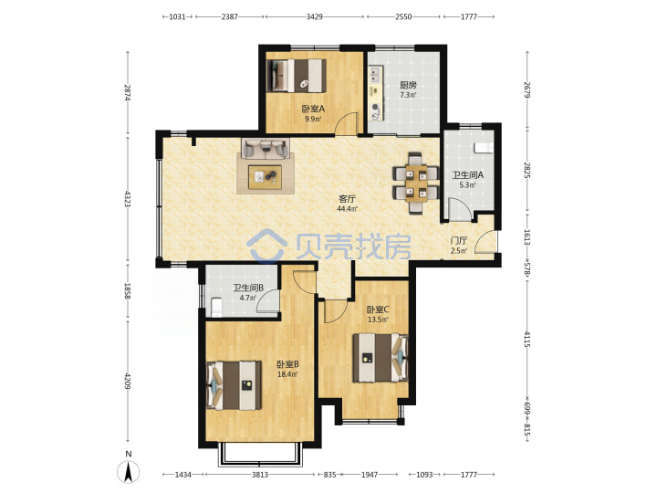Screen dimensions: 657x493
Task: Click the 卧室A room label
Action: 313,109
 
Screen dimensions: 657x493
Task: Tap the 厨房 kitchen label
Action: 408,86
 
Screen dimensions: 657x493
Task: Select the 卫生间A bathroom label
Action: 467,174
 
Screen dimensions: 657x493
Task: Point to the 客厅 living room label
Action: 348,199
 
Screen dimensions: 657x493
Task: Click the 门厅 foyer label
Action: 459,241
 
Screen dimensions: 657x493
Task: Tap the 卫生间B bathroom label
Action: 248,288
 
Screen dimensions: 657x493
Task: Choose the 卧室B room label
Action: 287,364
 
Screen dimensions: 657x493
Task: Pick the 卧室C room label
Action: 378,309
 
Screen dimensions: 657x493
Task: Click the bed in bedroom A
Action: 297,75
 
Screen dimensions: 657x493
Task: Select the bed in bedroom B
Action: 234,385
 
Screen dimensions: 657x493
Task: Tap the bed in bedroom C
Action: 380,358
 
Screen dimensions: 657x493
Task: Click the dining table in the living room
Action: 416,183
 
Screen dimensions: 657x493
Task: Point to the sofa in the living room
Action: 266,149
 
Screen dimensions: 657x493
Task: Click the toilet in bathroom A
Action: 483,148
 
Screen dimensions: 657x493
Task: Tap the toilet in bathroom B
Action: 215,308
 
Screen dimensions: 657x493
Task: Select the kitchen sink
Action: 375,74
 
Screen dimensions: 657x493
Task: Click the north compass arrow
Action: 129,471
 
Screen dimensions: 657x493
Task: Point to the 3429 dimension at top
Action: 314,16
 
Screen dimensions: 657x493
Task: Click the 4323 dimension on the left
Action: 128,199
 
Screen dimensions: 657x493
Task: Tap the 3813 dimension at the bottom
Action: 260,475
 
